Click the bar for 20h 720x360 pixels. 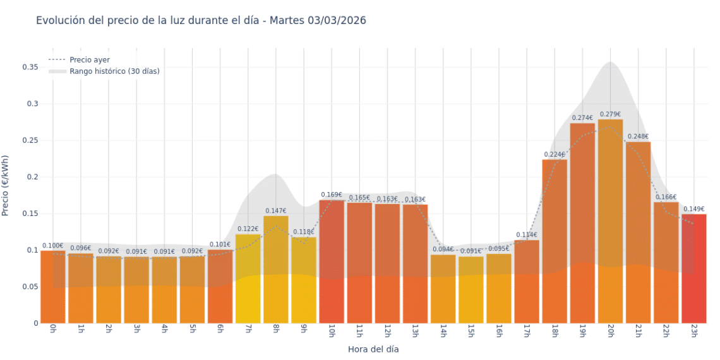[x=610, y=221]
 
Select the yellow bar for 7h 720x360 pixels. [x=248, y=279]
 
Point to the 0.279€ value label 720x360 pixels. [x=610, y=114]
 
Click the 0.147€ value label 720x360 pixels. [x=275, y=211]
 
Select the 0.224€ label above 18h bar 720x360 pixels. [x=555, y=155]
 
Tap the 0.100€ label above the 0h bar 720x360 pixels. [x=53, y=246]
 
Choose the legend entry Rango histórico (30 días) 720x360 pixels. [x=114, y=71]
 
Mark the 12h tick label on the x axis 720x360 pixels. [x=387, y=331]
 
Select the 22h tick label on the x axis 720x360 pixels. [x=666, y=331]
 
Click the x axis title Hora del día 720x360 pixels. [x=373, y=349]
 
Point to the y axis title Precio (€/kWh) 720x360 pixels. [x=6, y=186]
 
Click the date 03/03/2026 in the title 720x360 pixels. [x=337, y=21]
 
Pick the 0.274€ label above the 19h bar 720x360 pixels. [x=582, y=118]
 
